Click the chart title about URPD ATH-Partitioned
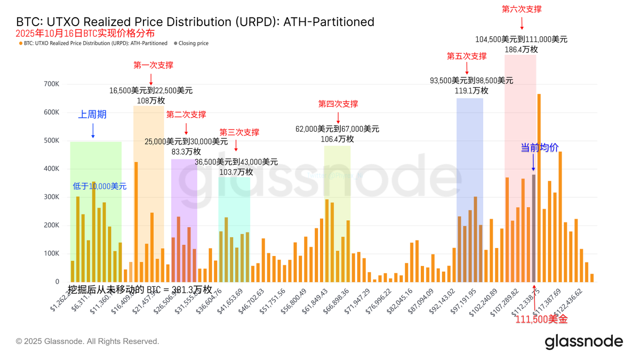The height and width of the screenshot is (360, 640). click(195, 22)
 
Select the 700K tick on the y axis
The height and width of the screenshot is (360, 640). click(52, 84)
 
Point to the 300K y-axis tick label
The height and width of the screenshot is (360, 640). click(52, 197)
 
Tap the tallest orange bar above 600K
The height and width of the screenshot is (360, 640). click(539, 187)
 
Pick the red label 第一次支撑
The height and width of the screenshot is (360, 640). click(153, 65)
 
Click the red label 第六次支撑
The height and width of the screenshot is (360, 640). click(522, 9)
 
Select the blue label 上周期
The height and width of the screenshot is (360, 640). click(92, 115)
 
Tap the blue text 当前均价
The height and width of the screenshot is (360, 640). click(539, 148)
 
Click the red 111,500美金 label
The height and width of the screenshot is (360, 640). click(541, 319)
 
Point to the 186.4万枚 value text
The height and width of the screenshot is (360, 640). click(521, 50)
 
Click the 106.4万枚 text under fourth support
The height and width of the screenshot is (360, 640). click(337, 139)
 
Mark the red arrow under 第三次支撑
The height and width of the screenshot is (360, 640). click(236, 146)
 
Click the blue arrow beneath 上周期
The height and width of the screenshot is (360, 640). click(93, 131)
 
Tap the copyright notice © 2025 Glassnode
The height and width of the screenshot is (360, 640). click(87, 341)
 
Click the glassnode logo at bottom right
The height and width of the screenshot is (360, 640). click(583, 341)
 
